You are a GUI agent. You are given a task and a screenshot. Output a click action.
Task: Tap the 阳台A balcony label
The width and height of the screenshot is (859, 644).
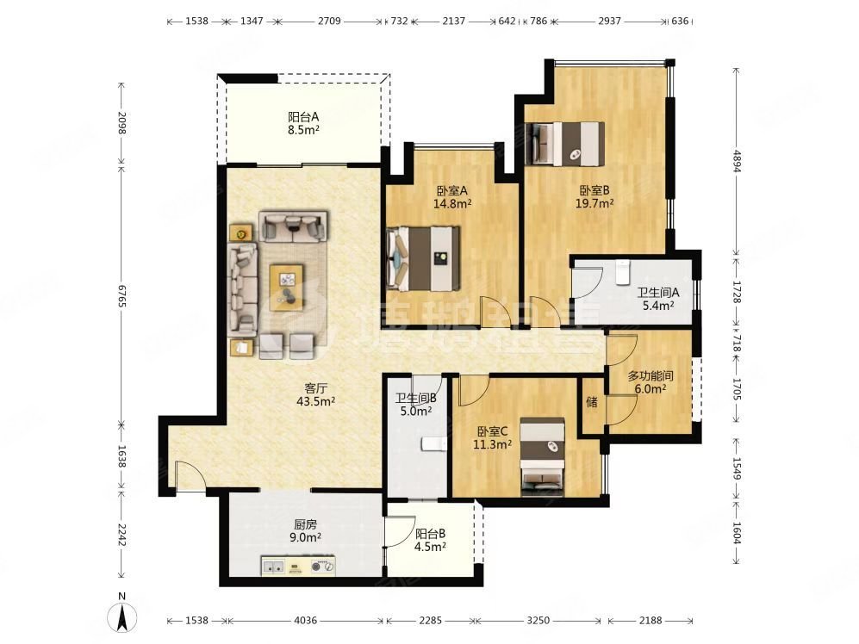[x=303, y=116]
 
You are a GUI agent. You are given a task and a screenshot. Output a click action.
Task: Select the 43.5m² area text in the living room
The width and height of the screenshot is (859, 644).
[x=315, y=401]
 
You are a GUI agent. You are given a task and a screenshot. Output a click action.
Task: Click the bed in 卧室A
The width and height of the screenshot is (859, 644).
[x=423, y=258]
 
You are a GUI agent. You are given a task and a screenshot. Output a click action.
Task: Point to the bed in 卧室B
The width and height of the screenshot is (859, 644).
[x=565, y=144]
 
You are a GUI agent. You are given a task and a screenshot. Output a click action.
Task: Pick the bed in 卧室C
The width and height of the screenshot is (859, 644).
[x=542, y=455]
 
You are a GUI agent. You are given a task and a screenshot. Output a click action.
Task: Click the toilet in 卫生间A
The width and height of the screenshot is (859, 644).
[x=622, y=272]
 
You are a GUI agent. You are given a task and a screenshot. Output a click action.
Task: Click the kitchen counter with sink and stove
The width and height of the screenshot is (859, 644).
[x=299, y=567]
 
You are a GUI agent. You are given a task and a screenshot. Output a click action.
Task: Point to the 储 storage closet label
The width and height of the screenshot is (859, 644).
[x=592, y=403]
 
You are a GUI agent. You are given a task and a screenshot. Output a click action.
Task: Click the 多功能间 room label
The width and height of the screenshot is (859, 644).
[x=650, y=376]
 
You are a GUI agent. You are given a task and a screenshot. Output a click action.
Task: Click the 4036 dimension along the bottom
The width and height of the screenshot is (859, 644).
[x=305, y=621]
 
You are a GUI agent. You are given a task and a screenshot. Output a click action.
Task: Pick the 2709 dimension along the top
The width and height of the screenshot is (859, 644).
[x=329, y=21]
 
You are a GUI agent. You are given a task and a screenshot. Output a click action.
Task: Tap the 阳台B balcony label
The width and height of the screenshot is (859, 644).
[x=430, y=534]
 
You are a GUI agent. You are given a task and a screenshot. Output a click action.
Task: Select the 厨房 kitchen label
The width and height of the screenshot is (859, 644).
[x=305, y=524]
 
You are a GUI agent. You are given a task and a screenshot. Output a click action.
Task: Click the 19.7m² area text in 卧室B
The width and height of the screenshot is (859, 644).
[x=594, y=203]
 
